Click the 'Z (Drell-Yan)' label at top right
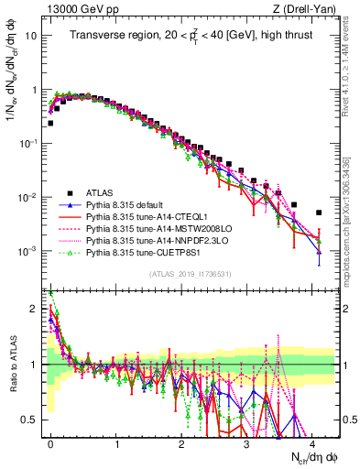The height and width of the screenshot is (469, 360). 301,9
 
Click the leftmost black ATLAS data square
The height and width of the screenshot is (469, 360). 50,123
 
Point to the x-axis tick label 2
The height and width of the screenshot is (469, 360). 181,442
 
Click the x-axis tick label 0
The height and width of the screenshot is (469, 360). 50,442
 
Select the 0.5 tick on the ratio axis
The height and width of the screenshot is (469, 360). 33,420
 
